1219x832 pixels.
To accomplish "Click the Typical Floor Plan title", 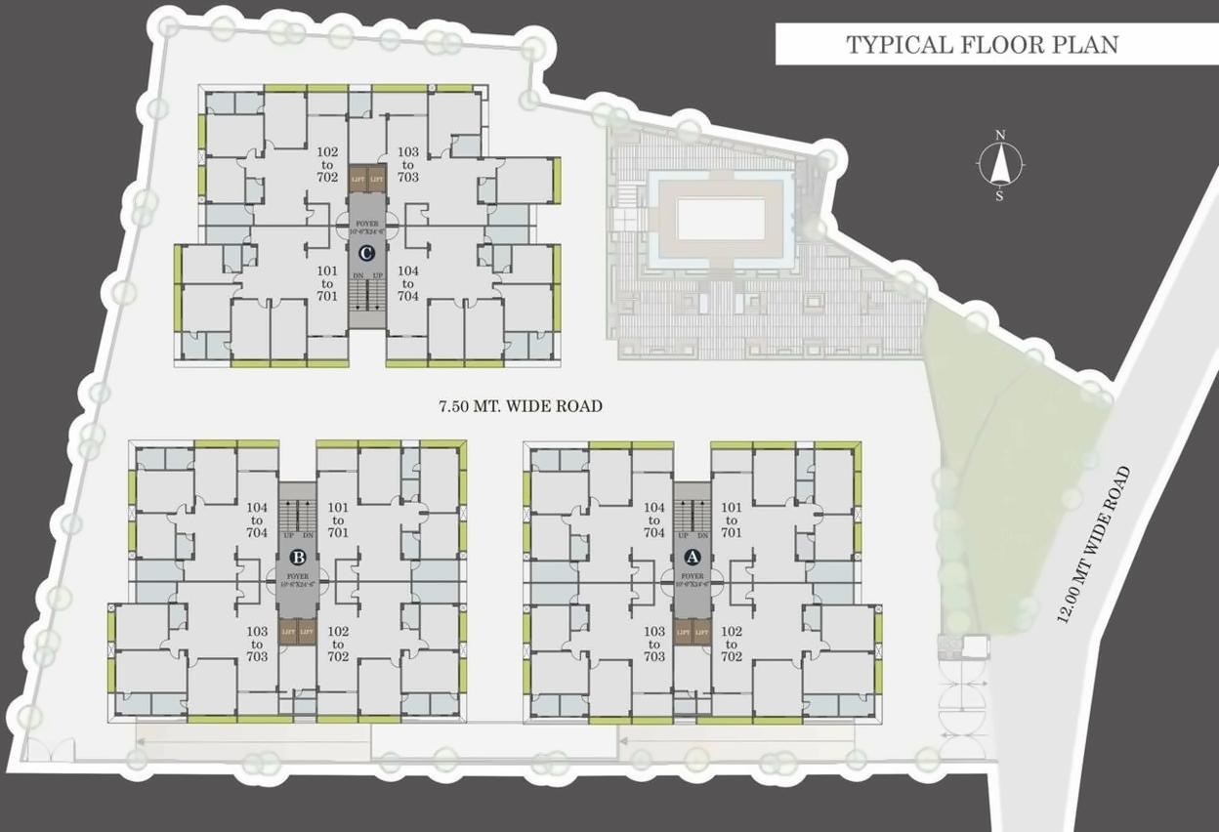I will click(982, 45).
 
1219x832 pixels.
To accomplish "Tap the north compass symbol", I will click(999, 165).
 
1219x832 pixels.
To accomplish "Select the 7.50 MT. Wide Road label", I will click(520, 405).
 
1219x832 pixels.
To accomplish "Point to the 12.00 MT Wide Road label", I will click(1095, 546).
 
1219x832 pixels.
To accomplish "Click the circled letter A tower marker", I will click(693, 558).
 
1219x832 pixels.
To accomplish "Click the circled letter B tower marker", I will click(298, 558).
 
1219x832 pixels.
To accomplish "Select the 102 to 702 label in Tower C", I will click(327, 165).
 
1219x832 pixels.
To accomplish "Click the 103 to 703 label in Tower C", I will click(408, 165).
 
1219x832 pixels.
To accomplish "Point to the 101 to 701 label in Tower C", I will click(327, 283).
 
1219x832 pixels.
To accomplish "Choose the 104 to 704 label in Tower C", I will click(408, 283).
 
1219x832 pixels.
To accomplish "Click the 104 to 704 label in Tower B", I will click(257, 520).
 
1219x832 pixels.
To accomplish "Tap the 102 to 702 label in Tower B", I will click(338, 645).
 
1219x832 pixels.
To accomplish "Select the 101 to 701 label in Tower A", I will click(732, 520).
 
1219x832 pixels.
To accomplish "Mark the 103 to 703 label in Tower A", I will click(654, 645).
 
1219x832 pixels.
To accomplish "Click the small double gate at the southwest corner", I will click(49, 750).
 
